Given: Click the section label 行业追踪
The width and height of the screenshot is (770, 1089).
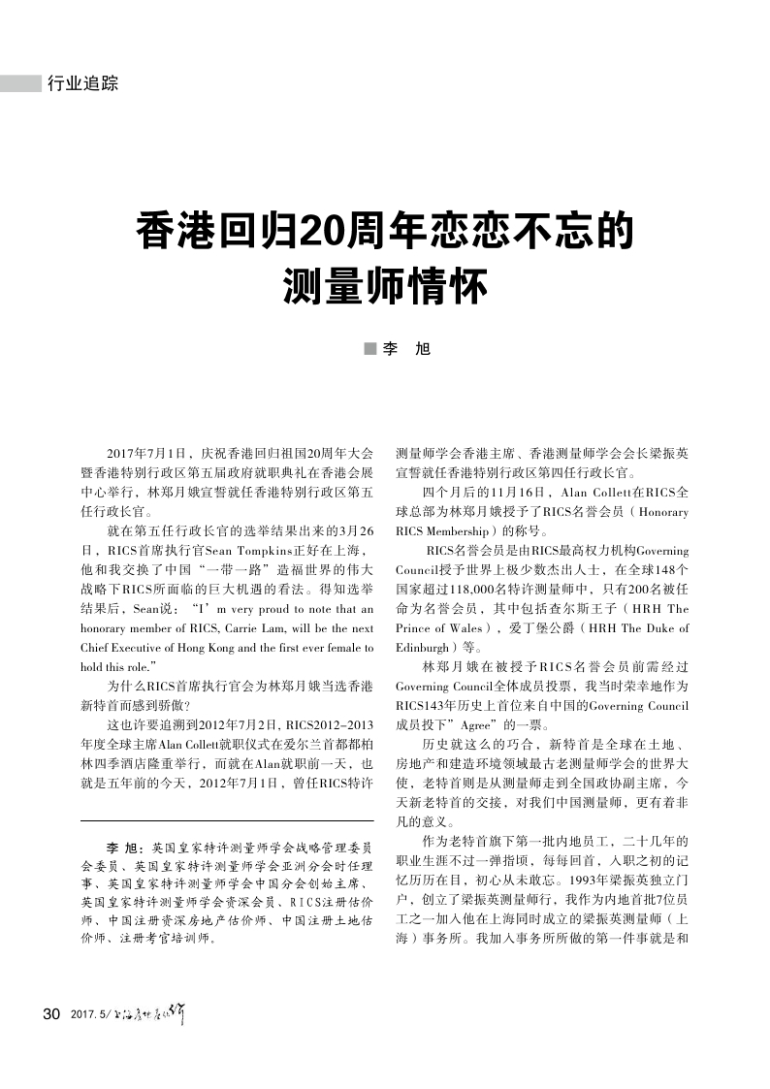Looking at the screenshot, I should (x=83, y=84).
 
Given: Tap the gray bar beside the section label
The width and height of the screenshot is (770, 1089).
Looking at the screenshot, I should (x=20, y=84).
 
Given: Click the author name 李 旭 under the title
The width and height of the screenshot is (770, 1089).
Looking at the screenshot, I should (x=406, y=348).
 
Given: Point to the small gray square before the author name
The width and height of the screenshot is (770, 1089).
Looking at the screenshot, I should (x=369, y=348).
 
